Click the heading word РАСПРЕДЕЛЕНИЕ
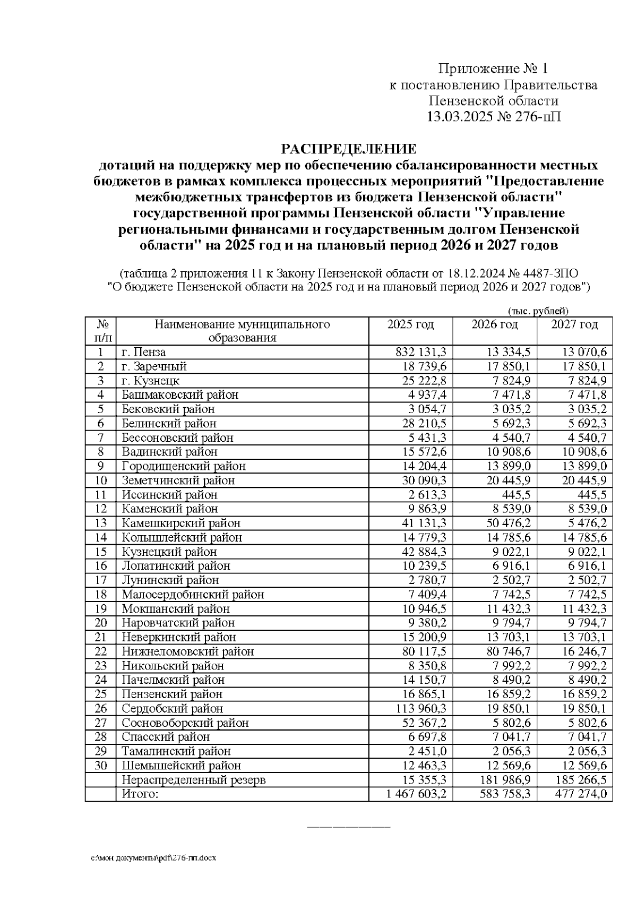[x=348, y=148]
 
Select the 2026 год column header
[x=494, y=325]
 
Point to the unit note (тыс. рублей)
[x=538, y=311]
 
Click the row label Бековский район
[x=168, y=409]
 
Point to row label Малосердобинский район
[x=193, y=595]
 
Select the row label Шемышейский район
[x=181, y=766]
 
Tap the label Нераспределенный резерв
[x=193, y=780]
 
